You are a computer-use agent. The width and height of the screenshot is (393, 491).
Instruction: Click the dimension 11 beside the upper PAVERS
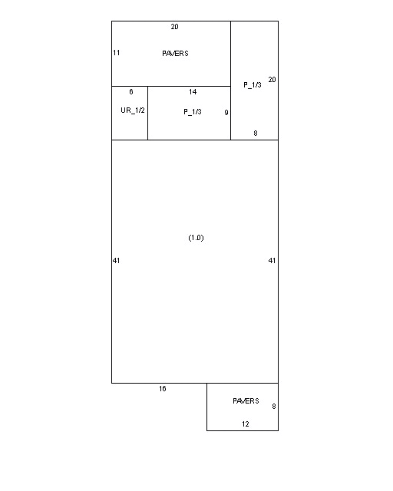116,53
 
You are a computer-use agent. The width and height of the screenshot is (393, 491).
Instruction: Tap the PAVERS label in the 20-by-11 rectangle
175,54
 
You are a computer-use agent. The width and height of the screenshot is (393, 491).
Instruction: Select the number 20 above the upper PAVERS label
174,27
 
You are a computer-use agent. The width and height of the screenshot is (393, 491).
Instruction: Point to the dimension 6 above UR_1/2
131,92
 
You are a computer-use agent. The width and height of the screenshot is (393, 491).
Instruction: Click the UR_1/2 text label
133,110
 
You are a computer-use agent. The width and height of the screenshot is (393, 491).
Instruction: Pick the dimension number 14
193,92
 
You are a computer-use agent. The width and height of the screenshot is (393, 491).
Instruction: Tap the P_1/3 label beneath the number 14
193,112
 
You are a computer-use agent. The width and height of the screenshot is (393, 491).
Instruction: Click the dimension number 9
226,113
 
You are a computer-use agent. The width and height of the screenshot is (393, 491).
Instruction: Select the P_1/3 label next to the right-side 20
253,85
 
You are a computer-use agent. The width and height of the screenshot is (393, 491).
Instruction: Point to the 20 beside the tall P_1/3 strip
272,80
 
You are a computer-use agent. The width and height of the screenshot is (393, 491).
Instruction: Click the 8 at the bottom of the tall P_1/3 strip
256,133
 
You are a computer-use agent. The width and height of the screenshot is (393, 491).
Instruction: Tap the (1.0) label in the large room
196,238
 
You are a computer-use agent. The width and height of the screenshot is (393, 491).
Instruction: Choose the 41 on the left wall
116,261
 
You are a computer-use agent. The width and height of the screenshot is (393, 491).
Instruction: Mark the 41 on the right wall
272,261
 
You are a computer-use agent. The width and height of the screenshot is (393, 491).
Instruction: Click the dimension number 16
162,389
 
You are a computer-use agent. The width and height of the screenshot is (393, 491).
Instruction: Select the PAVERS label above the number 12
246,401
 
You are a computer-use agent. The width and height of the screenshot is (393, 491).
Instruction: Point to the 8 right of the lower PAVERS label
273,407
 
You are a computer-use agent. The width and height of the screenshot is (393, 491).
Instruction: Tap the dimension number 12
246,424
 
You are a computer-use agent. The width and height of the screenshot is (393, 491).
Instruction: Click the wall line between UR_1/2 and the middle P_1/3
147,113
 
